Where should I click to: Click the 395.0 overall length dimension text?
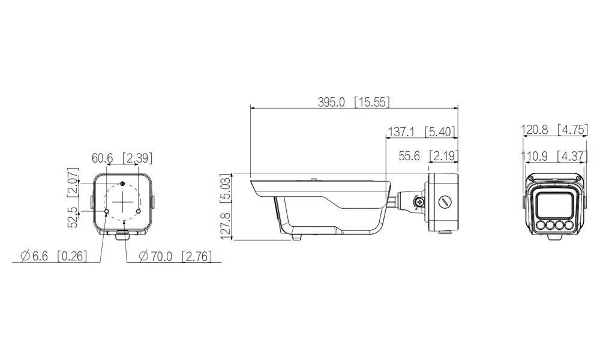pyautogui.click(x=331, y=102)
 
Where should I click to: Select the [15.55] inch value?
pyautogui.click(x=371, y=102)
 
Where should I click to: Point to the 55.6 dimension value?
pyautogui.click(x=410, y=156)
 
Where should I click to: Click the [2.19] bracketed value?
pyautogui.click(x=444, y=156)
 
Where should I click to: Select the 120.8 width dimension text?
pyautogui.click(x=535, y=130)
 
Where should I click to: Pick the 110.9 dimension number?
pyautogui.click(x=535, y=156)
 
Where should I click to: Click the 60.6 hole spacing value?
pyautogui.click(x=103, y=158)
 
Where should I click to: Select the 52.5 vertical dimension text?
pyautogui.click(x=73, y=217)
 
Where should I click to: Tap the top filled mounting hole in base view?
pyautogui.click(x=122, y=183)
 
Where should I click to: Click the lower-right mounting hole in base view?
pyautogui.click(x=138, y=212)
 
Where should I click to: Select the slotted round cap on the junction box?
pyautogui.click(x=445, y=202)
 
